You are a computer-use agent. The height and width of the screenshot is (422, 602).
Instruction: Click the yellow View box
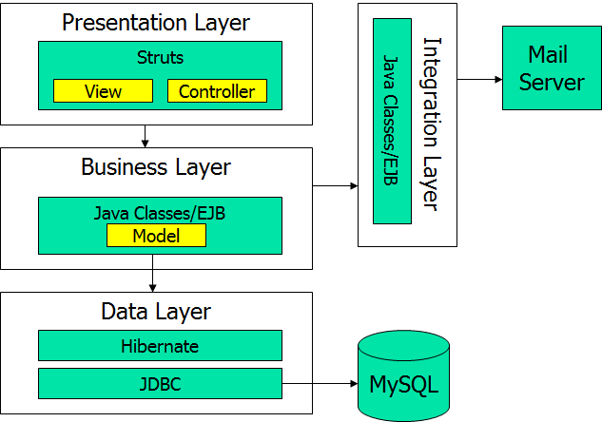(x=103, y=91)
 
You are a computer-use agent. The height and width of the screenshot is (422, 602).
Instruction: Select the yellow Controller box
(x=217, y=91)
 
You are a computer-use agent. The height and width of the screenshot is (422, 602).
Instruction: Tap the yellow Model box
(x=156, y=236)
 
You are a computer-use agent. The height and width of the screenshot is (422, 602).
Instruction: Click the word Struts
(x=160, y=57)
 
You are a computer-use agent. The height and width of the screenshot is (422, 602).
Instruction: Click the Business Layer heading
(x=156, y=167)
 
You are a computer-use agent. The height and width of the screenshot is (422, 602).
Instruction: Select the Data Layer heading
(x=156, y=311)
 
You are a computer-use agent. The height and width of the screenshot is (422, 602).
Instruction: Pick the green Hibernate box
(x=160, y=346)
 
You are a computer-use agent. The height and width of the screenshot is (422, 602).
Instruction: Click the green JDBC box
(x=160, y=384)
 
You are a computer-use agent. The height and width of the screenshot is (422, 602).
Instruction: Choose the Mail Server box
(x=552, y=68)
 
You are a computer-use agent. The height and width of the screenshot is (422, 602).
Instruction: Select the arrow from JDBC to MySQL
(x=320, y=385)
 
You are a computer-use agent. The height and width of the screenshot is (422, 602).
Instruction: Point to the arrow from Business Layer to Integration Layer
(x=336, y=186)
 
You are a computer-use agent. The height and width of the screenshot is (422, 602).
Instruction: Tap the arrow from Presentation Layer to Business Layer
(x=145, y=136)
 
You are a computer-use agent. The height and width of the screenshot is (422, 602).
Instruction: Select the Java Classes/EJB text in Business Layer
(x=160, y=214)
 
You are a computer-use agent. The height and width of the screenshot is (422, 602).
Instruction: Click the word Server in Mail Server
(x=552, y=82)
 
